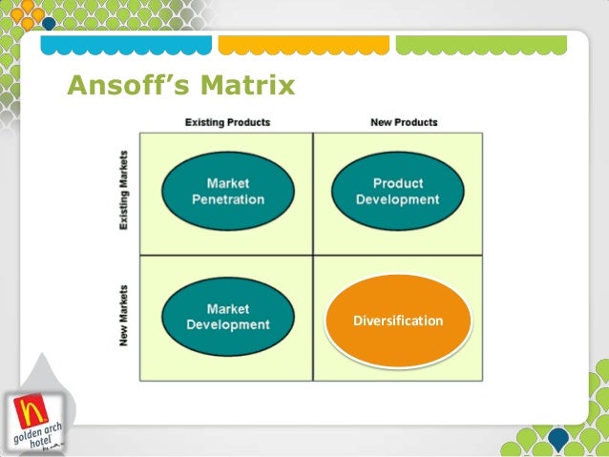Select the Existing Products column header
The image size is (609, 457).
tap(227, 122)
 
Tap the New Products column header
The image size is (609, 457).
tap(404, 122)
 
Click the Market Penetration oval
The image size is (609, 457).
tap(228, 191)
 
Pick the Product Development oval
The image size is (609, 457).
tap(397, 191)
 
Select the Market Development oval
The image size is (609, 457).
tap(228, 317)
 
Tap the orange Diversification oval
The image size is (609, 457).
tap(398, 321)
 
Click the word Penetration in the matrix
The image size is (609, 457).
tap(228, 199)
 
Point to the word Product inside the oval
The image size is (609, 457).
tap(398, 183)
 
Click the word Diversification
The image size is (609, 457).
tap(398, 321)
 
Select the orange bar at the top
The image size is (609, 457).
tap(303, 45)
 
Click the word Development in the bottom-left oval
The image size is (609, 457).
tap(228, 324)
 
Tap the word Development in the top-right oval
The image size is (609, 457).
tap(398, 199)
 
